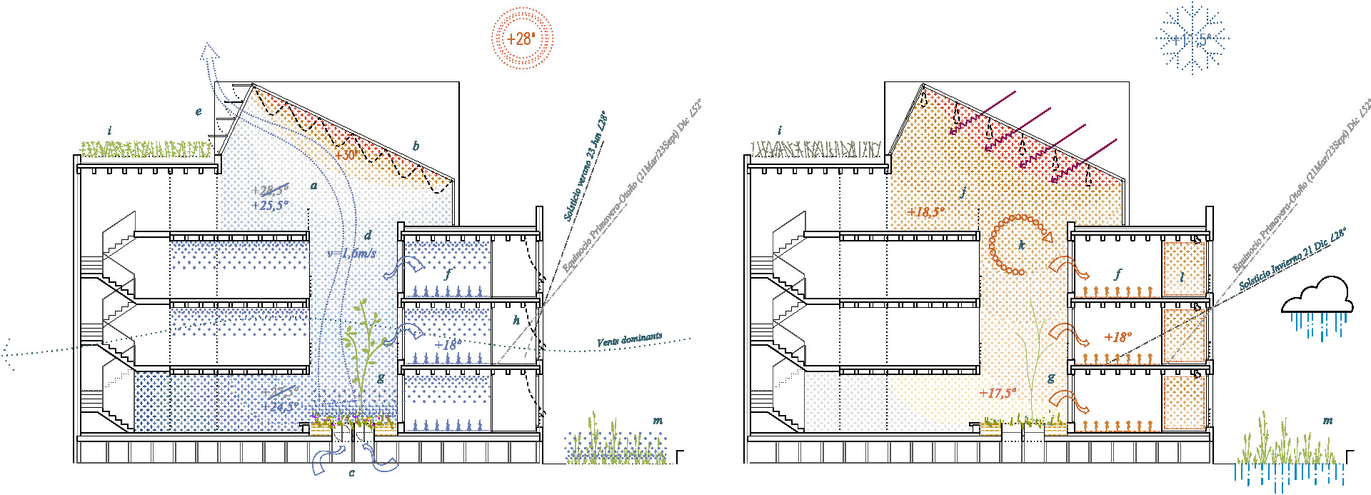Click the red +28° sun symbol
click(523, 39)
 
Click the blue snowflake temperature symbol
click(1192, 39)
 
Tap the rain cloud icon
click(1317, 303)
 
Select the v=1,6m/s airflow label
click(351, 253)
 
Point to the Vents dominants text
click(629, 340)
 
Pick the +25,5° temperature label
click(270, 206)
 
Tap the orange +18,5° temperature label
click(925, 211)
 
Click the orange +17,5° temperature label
click(997, 393)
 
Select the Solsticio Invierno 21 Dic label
click(1292, 259)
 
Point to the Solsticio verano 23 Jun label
click(586, 166)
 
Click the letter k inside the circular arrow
click(1022, 245)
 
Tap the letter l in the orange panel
click(1182, 276)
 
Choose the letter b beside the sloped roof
click(416, 146)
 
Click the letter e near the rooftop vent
click(199, 111)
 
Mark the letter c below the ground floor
click(351, 473)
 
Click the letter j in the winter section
click(963, 191)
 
